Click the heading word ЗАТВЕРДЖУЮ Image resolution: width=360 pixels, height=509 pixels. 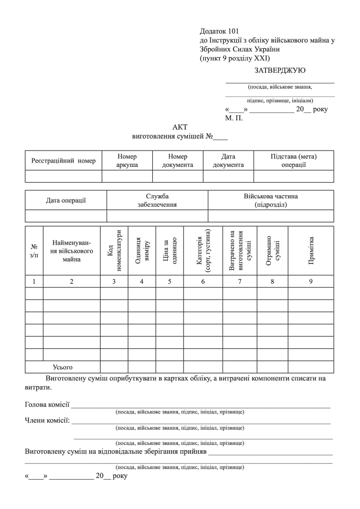pyautogui.click(x=280, y=70)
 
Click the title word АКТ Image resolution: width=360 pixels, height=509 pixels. pyautogui.click(x=180, y=127)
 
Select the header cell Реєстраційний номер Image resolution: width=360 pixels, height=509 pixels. pyautogui.click(x=63, y=161)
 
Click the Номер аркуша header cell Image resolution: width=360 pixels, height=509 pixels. pyautogui.click(x=127, y=161)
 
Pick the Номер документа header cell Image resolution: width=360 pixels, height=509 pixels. pyautogui.click(x=177, y=161)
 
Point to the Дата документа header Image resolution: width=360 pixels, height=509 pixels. pyautogui.click(x=228, y=161)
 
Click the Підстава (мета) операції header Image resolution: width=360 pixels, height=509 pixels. pyautogui.click(x=293, y=161)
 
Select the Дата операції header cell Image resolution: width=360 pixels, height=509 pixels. pyautogui.click(x=66, y=200)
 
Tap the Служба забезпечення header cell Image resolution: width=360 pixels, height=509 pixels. pyautogui.click(x=157, y=200)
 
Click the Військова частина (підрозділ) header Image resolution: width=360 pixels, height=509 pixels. pyautogui.click(x=271, y=200)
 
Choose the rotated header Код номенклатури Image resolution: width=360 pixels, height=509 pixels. pyautogui.click(x=114, y=250)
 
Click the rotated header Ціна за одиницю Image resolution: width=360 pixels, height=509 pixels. pyautogui.click(x=170, y=250)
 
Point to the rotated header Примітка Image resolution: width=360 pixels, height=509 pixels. pyautogui.click(x=311, y=250)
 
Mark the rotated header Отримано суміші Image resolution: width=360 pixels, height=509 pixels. pyautogui.click(x=272, y=250)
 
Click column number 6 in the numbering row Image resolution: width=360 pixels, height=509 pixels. pyautogui.click(x=203, y=281)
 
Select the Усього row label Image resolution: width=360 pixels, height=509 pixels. pyautogui.click(x=62, y=367)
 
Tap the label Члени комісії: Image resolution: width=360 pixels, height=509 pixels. pyautogui.click(x=48, y=420)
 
